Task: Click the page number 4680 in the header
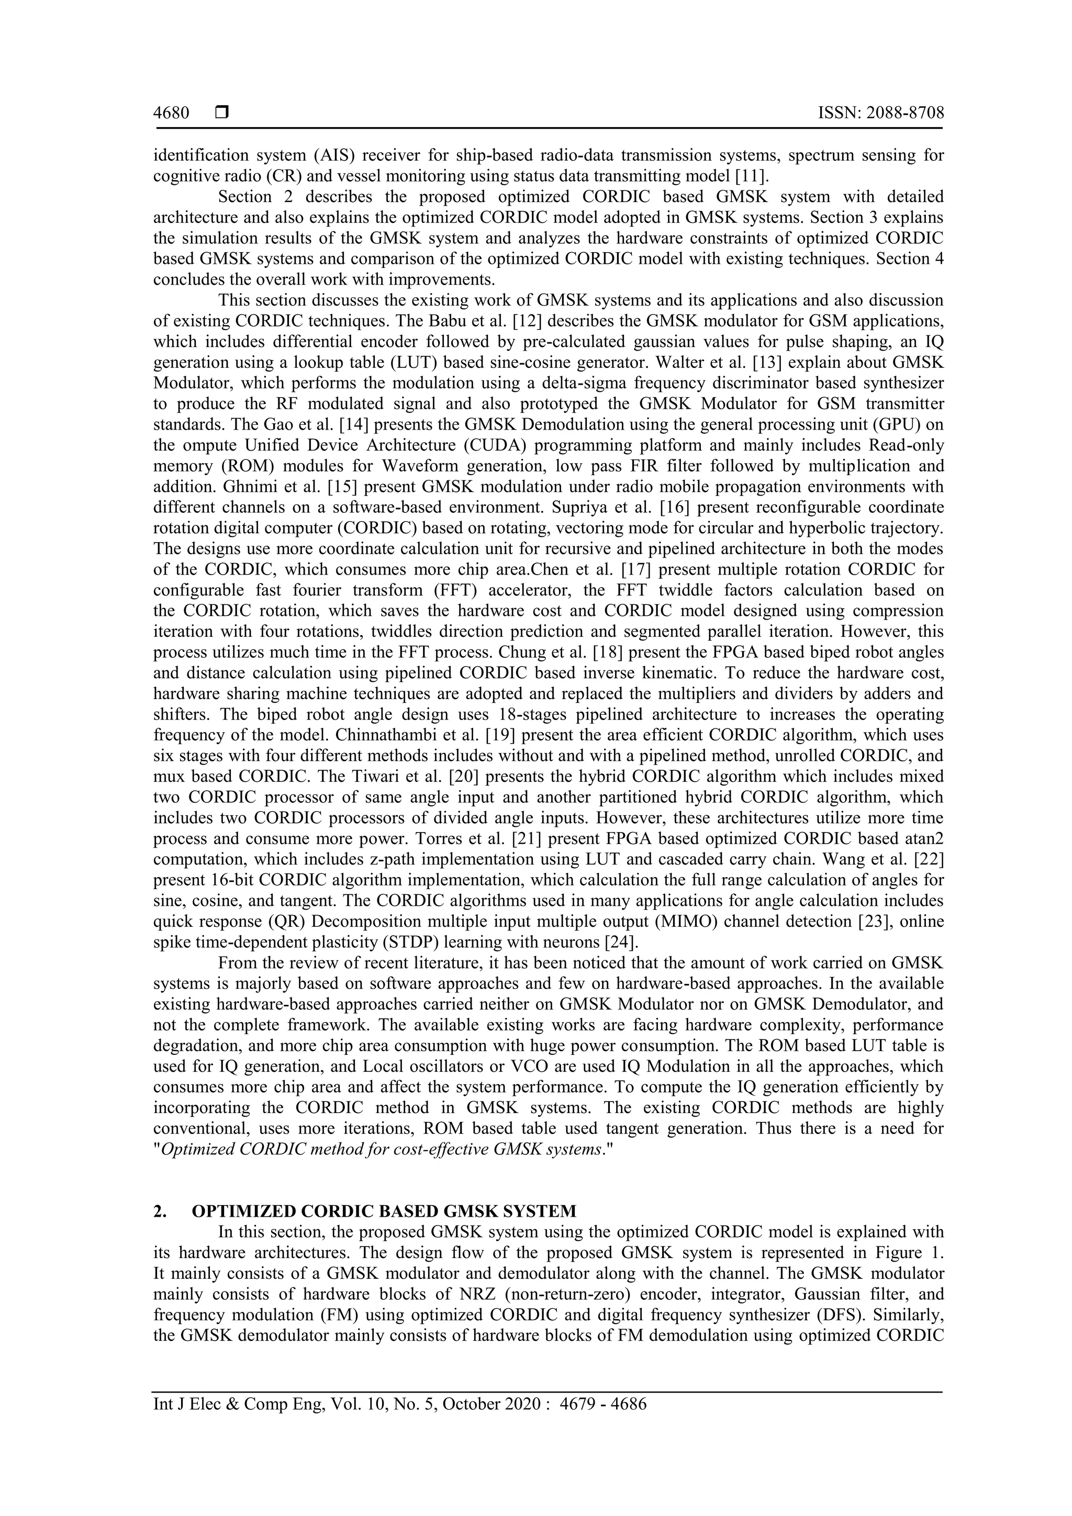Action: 171,114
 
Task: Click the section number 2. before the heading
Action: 160,1211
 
